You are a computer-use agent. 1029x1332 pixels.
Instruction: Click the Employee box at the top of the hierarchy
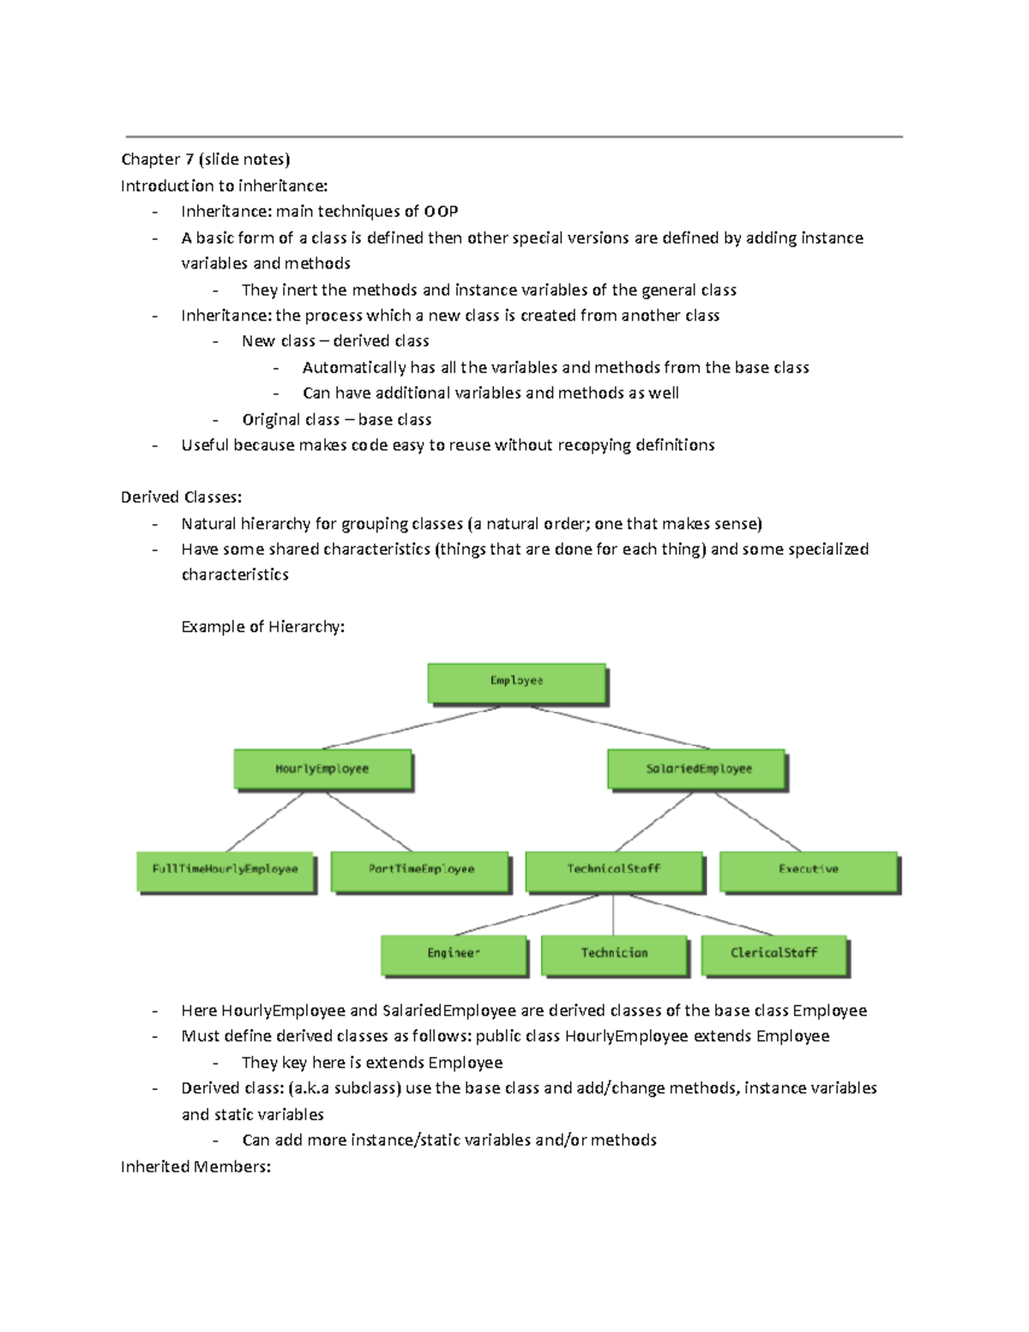(517, 683)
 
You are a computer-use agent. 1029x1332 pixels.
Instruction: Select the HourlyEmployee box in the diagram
(322, 769)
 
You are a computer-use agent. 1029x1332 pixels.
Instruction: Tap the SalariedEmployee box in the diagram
(696, 769)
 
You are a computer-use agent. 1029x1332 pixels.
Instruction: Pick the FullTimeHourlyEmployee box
(226, 871)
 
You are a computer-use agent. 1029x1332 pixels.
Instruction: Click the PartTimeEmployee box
(420, 871)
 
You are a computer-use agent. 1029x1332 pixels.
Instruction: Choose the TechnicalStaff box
(614, 871)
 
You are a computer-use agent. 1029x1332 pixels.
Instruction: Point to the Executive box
(809, 871)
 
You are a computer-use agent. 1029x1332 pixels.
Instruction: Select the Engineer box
(454, 954)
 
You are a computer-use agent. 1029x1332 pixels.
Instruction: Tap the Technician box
(614, 954)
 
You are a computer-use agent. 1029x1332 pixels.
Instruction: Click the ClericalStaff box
(774, 954)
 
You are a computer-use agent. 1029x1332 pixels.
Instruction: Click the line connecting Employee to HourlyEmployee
(410, 728)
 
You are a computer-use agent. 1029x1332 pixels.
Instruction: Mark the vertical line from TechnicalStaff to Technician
(613, 914)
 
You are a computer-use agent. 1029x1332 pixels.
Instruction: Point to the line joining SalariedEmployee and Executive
(758, 822)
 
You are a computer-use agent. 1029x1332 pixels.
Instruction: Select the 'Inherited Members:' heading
(196, 1166)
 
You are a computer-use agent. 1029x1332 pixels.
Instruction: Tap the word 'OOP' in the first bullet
(441, 212)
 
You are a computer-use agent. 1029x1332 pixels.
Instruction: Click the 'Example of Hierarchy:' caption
(262, 627)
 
